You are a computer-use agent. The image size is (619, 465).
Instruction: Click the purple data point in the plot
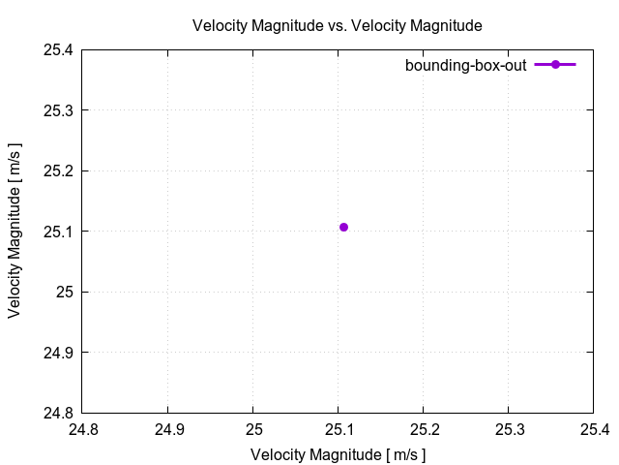click(343, 227)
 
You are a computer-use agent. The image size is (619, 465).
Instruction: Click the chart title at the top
click(338, 24)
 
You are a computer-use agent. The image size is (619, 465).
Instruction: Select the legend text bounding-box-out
click(465, 65)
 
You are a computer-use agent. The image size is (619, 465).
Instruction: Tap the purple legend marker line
click(555, 65)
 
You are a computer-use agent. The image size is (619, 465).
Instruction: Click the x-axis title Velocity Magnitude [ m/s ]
click(338, 454)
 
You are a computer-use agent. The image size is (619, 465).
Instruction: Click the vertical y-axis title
click(15, 231)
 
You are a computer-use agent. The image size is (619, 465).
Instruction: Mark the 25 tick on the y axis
click(65, 292)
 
